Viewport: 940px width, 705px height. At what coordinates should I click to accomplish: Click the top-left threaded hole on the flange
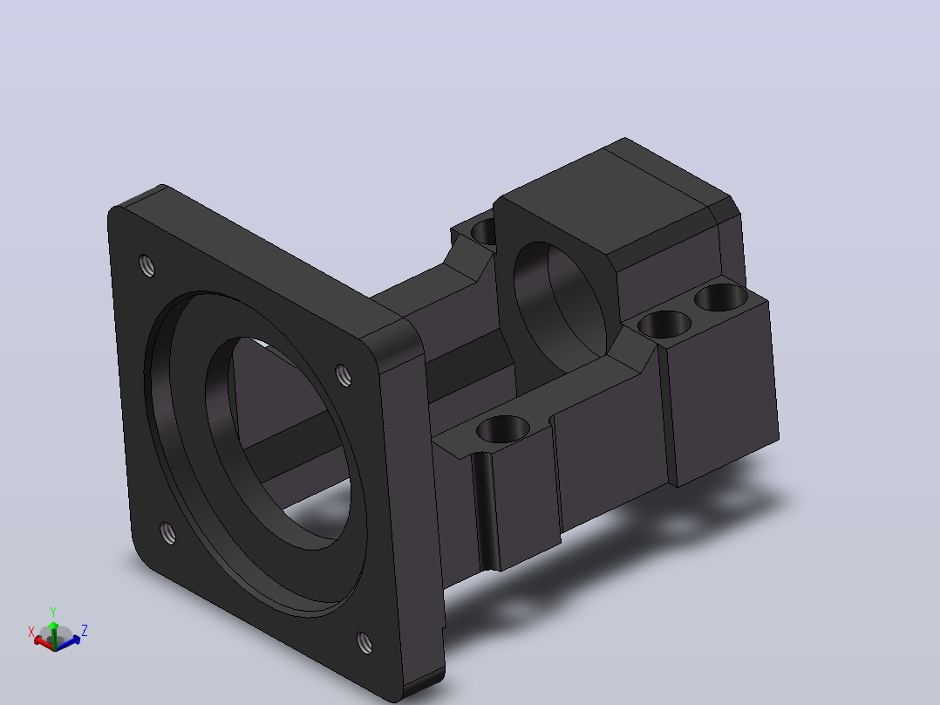(x=146, y=265)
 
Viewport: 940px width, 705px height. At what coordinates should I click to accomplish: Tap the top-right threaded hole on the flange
(x=344, y=375)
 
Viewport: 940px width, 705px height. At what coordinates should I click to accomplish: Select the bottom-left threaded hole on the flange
(x=168, y=533)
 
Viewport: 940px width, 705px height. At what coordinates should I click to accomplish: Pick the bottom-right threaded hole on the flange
(x=364, y=642)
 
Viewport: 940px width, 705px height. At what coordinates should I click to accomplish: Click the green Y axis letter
(x=53, y=612)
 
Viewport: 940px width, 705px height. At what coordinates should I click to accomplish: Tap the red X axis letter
(x=31, y=632)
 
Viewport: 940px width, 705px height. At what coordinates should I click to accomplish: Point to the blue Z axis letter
(x=85, y=631)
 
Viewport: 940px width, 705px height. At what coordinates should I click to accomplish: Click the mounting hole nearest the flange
(x=503, y=429)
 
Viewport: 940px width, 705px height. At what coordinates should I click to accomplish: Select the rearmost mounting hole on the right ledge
(x=721, y=298)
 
